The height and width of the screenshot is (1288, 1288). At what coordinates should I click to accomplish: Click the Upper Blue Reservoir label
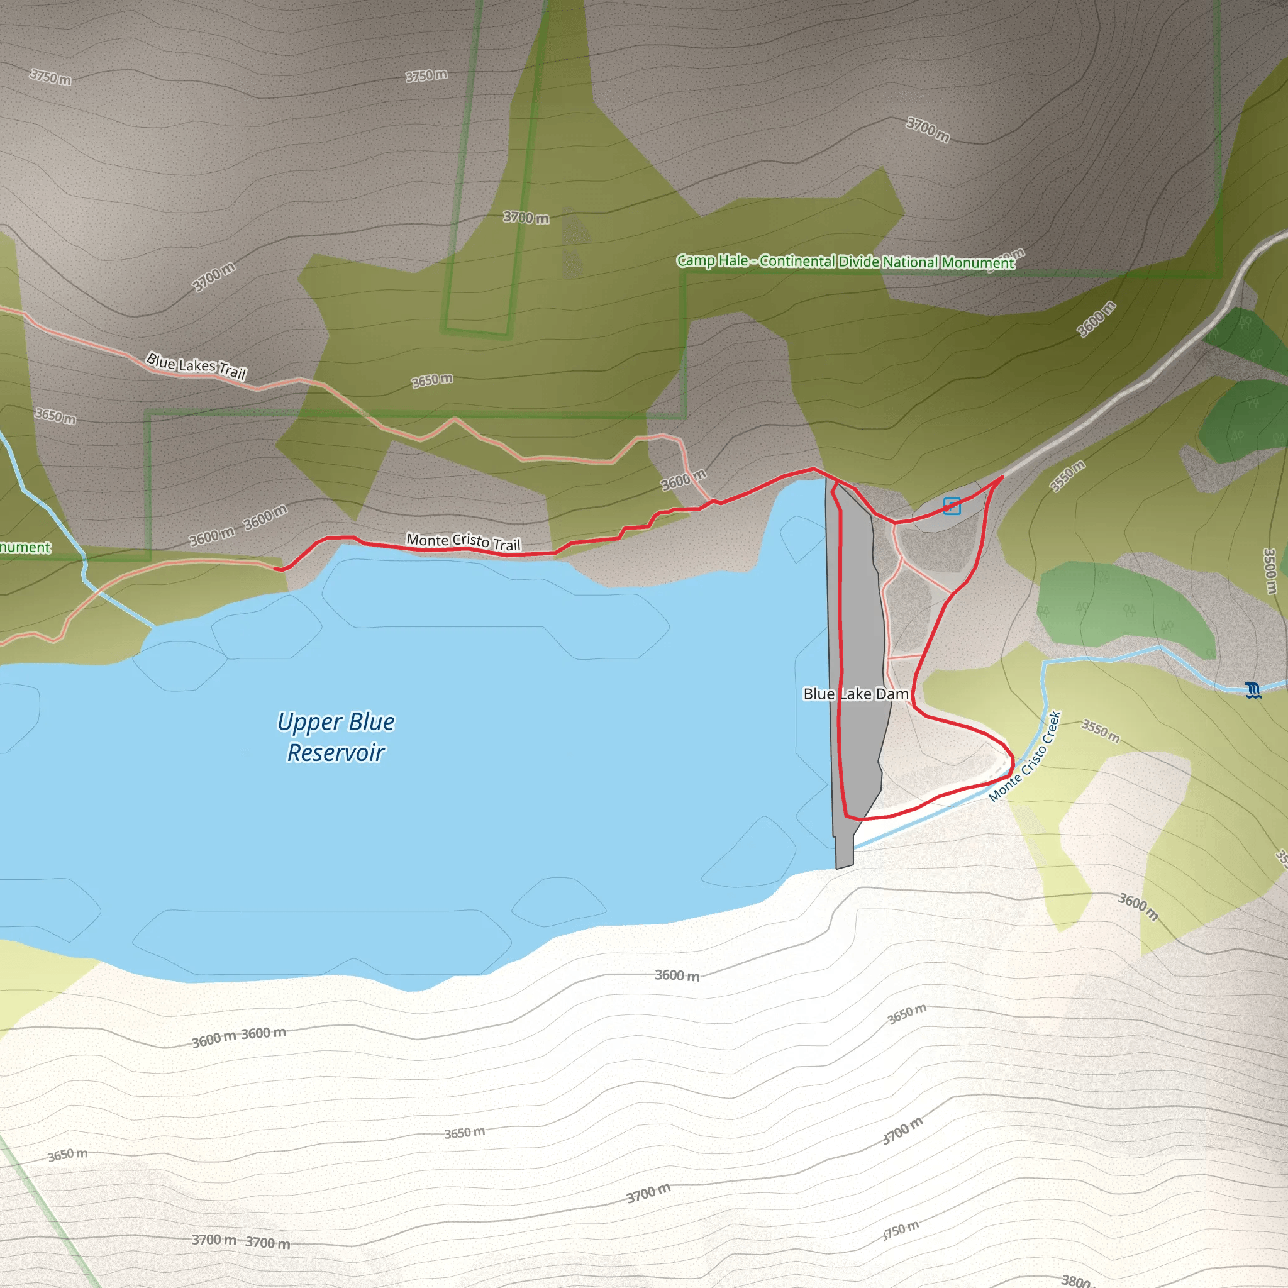coord(336,736)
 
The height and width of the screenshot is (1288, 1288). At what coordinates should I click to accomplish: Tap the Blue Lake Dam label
coord(855,694)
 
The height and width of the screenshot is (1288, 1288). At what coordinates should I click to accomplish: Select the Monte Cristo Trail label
coord(463,541)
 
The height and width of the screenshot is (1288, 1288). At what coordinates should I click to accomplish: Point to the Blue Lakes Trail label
coord(196,365)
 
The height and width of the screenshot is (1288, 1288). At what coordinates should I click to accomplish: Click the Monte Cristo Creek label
coord(1024,757)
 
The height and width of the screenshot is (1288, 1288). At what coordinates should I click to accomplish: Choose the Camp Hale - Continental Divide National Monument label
coord(845,262)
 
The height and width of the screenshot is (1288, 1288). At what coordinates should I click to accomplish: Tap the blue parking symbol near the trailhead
coord(952,506)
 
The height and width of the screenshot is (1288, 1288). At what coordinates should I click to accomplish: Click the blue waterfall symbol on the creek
coord(1253,690)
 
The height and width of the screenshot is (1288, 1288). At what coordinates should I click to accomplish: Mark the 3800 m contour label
coord(1075,1280)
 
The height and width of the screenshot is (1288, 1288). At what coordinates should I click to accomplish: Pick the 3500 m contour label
coord(1270,570)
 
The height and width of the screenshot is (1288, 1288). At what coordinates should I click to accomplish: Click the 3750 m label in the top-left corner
coord(51,77)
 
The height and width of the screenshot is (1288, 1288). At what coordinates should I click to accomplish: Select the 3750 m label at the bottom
coord(901,1230)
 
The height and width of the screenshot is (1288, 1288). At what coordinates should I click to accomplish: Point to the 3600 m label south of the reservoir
coord(677,975)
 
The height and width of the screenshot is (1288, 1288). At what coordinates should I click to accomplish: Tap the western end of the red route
coord(275,569)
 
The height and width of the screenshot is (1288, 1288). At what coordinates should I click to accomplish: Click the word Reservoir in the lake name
coord(336,753)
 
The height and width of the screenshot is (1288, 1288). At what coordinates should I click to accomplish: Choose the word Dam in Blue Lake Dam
coord(892,694)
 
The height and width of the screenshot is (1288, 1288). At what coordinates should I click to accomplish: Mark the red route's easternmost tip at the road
coord(1003,477)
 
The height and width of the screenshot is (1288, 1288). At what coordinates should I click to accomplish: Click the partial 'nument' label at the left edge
coord(25,548)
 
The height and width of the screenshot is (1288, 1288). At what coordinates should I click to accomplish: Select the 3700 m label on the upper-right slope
coord(928,129)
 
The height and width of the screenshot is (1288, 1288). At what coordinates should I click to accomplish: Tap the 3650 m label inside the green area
coord(432,380)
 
